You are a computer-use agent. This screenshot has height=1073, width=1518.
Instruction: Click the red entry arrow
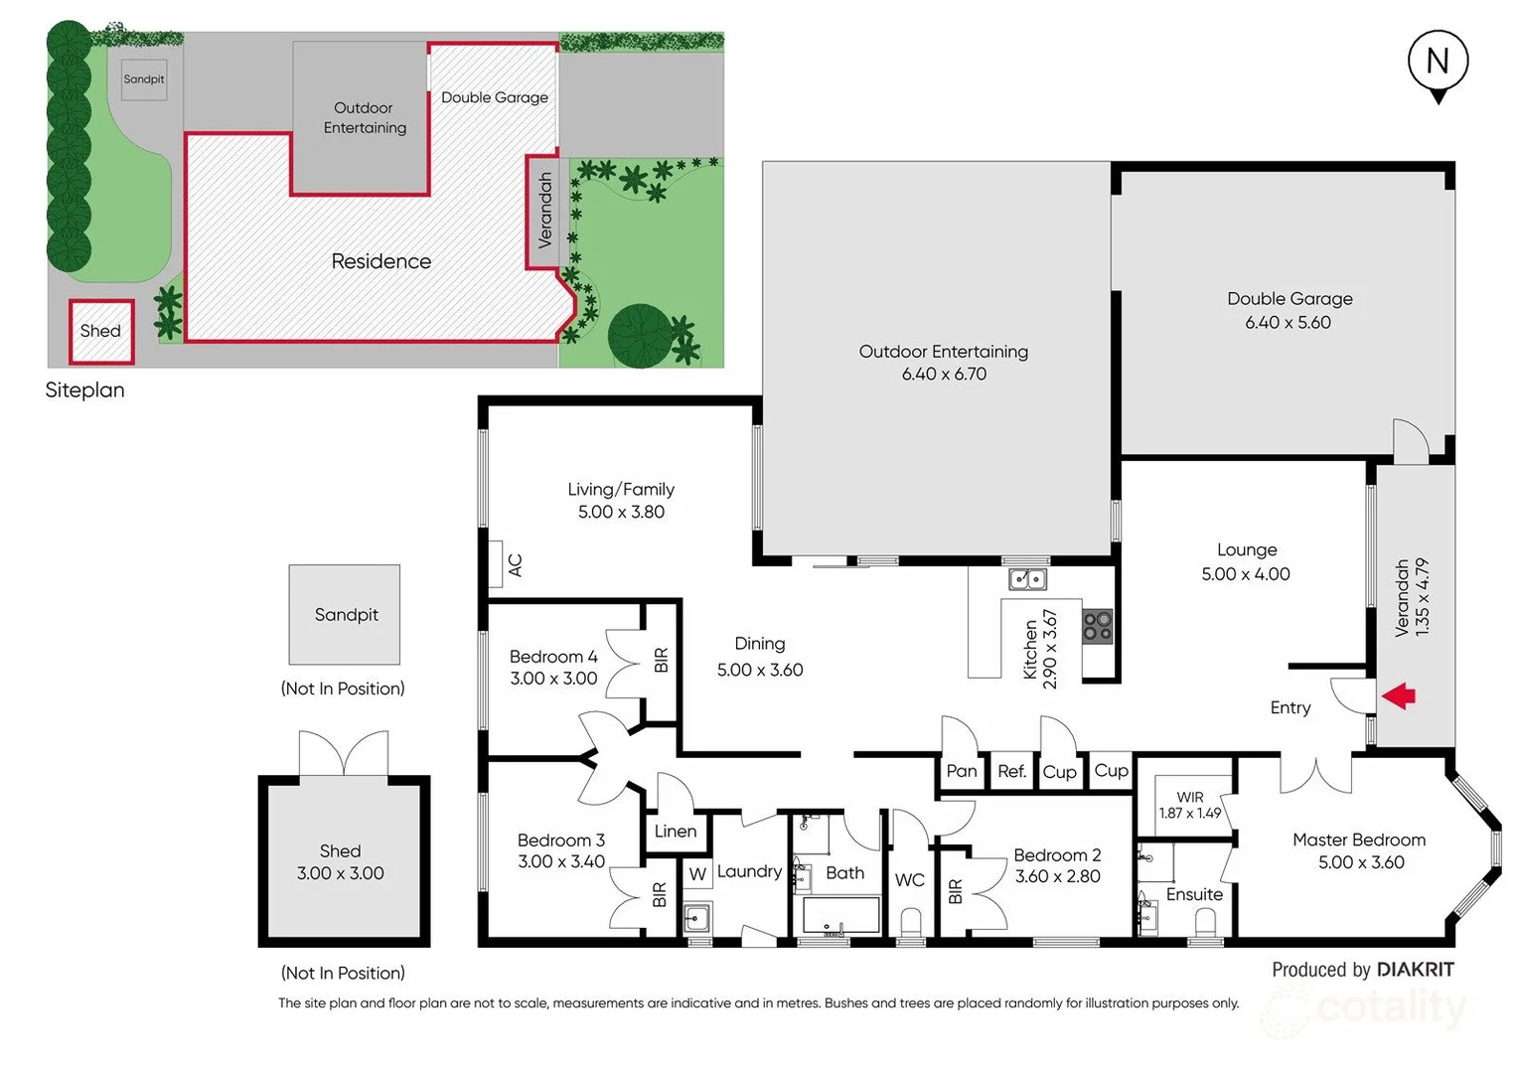coord(1399,695)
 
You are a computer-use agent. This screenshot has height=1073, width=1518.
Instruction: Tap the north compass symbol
coord(1438,64)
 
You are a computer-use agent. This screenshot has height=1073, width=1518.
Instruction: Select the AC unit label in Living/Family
coord(515,564)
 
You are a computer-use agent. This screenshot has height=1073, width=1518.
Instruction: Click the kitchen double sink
coord(1027,578)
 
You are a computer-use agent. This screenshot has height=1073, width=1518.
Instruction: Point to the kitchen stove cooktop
coord(1098,626)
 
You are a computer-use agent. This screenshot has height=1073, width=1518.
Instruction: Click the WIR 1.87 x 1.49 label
coord(1190,805)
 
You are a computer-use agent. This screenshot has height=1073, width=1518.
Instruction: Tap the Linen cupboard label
coord(676,832)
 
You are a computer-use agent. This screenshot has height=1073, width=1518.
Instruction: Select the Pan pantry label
coord(962,771)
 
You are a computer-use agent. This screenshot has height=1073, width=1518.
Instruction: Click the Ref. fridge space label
coord(1011,771)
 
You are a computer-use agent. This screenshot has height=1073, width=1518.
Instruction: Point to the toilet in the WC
coord(910,924)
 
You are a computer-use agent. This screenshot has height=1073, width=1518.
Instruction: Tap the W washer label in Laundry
coord(697,874)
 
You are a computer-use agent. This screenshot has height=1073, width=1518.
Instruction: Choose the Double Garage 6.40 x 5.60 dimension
coord(1288,322)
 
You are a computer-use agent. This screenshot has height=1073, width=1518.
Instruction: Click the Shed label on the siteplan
coord(100,331)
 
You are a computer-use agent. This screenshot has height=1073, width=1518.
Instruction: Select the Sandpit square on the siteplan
coord(144,79)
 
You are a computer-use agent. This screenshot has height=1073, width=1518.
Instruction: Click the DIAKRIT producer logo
coord(1415,970)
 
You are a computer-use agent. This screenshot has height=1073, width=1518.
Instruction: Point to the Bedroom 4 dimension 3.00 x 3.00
coord(553,679)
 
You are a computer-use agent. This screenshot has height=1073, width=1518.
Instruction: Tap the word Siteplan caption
coord(85,390)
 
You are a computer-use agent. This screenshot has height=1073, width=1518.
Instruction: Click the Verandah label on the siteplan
coord(544,211)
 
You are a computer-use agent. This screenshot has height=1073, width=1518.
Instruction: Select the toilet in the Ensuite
coord(1206,924)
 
